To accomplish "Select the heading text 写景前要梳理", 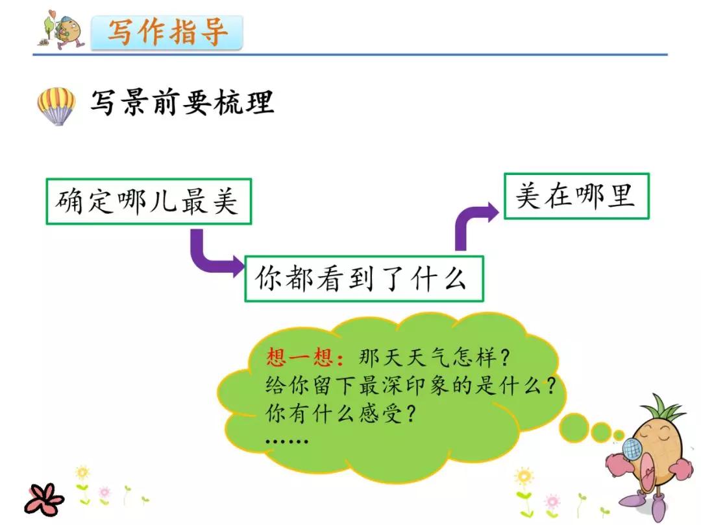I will [182, 103].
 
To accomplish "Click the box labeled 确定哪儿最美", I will [149, 202].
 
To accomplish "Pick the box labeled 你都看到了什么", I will [363, 279].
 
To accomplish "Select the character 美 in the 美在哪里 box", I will [529, 196].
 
